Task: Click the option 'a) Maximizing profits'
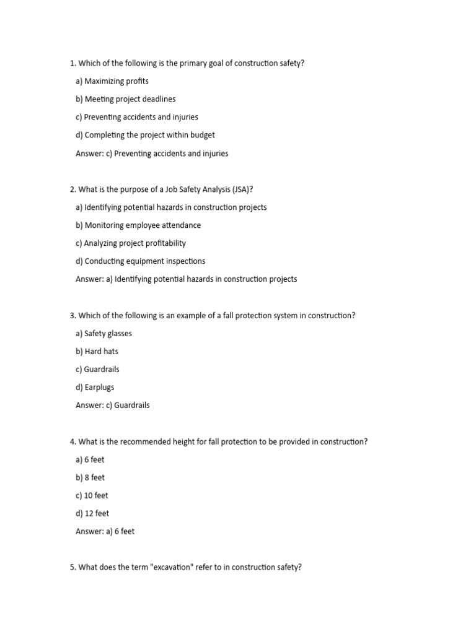tap(112, 81)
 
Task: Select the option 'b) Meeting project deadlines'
tap(125, 99)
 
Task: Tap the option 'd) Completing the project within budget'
tap(145, 135)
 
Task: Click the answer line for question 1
tap(152, 154)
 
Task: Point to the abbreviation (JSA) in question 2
tap(242, 189)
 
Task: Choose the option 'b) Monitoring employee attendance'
tap(138, 225)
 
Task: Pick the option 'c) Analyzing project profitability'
tap(131, 243)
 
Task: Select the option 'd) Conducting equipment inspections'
tap(141, 261)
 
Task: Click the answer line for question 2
tap(186, 279)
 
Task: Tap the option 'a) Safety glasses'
tap(104, 334)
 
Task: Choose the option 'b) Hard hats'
tap(97, 352)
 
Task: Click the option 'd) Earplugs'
tap(95, 388)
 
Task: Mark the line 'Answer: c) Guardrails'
tap(112, 406)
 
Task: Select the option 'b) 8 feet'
tap(90, 477)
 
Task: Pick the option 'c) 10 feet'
tap(92, 495)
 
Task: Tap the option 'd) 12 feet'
tap(92, 513)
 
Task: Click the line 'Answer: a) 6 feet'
tap(105, 531)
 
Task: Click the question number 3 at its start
tap(73, 316)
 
